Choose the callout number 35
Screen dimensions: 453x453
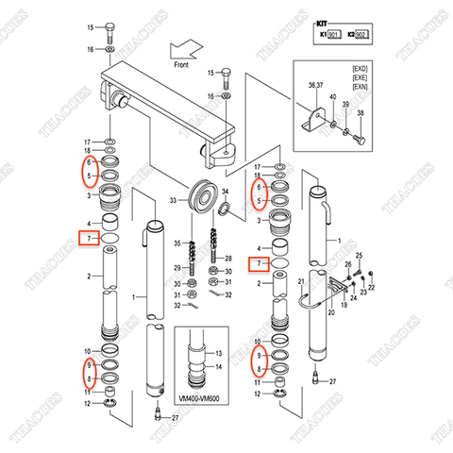(x=175, y=244)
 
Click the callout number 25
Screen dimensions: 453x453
(x=358, y=257)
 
